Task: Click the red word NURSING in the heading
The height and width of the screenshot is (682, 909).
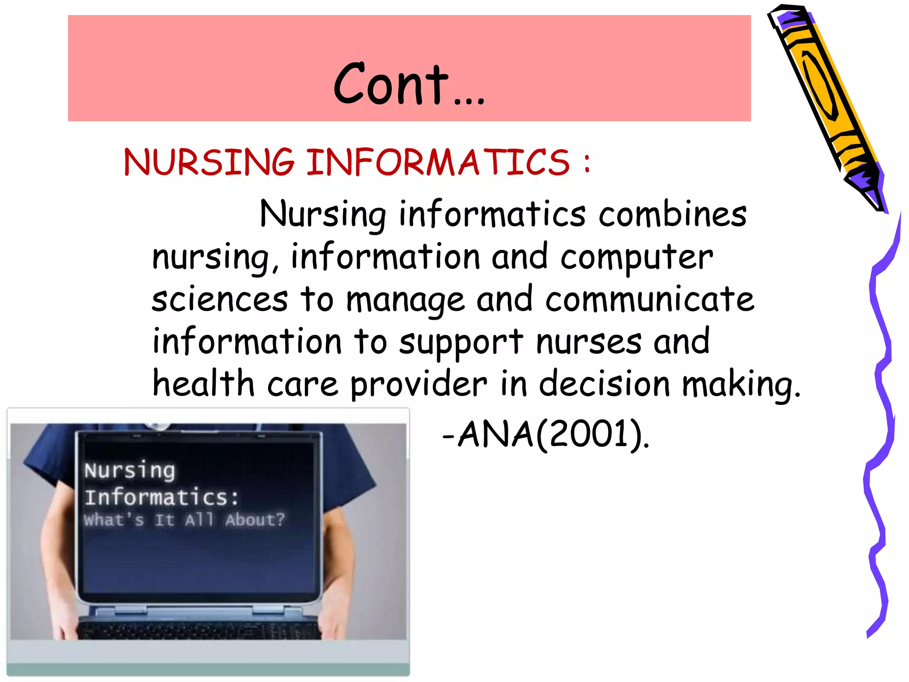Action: pos(209,162)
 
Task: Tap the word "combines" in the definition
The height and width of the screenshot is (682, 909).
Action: pos(672,214)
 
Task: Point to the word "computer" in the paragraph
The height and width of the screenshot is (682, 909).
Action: pos(636,258)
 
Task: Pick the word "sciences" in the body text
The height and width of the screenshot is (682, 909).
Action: pos(220,299)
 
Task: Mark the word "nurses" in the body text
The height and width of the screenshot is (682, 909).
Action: pos(589,342)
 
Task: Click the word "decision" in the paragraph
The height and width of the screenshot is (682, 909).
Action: pos(604,384)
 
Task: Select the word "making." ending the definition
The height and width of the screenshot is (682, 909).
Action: pos(741,385)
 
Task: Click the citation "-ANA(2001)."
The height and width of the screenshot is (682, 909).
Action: pos(546,434)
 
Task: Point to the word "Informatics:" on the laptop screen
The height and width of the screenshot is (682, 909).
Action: pos(162,497)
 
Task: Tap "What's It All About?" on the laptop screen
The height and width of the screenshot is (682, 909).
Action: pos(184,519)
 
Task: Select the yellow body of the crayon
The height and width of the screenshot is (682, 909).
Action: pos(821,89)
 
